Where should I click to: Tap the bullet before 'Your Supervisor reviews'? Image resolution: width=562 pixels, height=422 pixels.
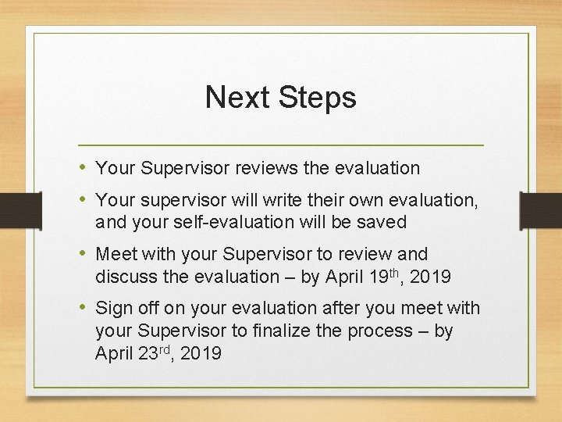(84, 167)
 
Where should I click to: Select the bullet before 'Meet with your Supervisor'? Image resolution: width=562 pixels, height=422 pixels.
(84, 254)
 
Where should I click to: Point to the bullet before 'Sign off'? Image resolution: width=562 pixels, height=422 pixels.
(84, 309)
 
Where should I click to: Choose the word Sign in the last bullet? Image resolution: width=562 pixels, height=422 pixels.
(115, 309)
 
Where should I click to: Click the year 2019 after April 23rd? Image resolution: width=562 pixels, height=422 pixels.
(201, 353)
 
